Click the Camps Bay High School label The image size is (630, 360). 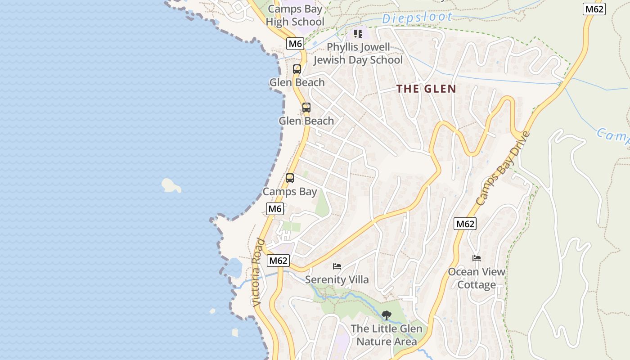[295, 15]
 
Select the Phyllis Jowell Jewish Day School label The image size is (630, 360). [358, 54]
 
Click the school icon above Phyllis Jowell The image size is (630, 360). [358, 34]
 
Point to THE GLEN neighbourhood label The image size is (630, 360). [426, 89]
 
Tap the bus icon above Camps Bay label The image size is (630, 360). [290, 178]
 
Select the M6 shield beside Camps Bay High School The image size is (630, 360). [295, 44]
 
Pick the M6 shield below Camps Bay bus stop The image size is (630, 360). [275, 209]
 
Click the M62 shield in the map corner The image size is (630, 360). [594, 9]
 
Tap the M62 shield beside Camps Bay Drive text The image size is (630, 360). [465, 224]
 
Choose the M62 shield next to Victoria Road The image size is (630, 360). [278, 261]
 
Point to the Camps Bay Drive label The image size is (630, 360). [503, 169]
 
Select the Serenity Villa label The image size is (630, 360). [337, 280]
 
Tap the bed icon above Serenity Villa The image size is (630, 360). [337, 266]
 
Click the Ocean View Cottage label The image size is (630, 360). [477, 278]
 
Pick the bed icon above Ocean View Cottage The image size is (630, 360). [477, 258]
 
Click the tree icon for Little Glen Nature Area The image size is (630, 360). [386, 315]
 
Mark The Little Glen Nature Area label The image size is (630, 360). [387, 335]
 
